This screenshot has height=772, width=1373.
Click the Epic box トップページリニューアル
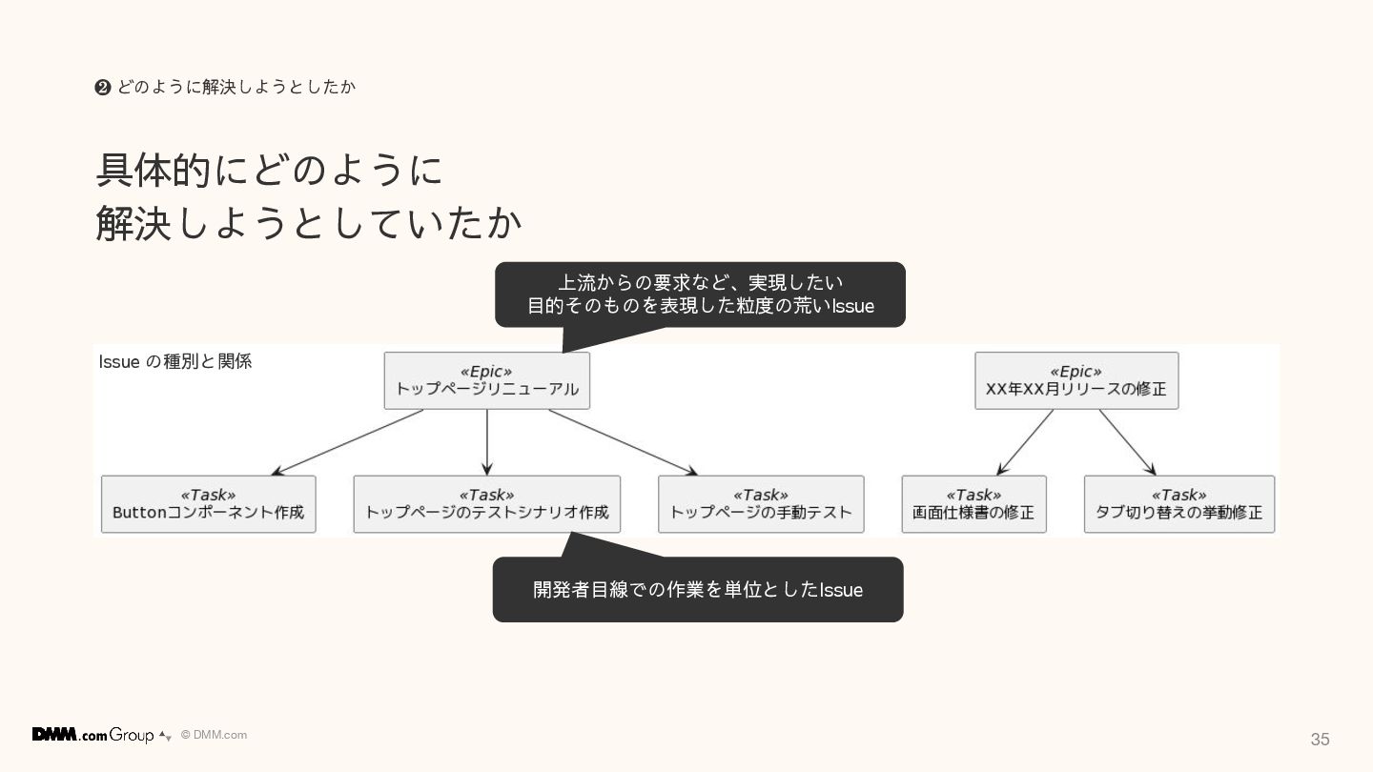click(x=486, y=380)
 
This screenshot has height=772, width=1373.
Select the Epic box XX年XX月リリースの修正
click(x=1076, y=380)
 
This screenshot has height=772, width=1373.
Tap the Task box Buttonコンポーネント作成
click(x=208, y=504)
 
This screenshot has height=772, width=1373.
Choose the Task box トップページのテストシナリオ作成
click(x=486, y=504)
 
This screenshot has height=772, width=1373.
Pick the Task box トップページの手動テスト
click(x=761, y=504)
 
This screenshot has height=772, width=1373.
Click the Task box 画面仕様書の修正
click(x=973, y=504)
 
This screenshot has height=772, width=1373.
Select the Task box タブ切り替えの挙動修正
click(x=1178, y=504)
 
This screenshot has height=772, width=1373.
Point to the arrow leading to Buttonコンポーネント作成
click(x=347, y=442)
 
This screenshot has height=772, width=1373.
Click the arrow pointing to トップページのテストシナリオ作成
click(x=487, y=442)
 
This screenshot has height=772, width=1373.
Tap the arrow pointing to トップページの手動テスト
click(x=623, y=442)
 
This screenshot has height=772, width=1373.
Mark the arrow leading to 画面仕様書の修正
click(x=1025, y=442)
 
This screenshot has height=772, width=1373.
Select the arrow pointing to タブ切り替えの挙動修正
click(x=1127, y=442)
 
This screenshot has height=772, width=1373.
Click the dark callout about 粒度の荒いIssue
click(x=700, y=295)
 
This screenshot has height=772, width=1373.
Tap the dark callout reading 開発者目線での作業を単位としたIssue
click(x=698, y=590)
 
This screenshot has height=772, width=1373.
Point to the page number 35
click(x=1320, y=740)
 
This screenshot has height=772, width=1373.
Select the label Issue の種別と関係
click(x=175, y=362)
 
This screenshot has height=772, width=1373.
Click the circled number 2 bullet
click(x=103, y=88)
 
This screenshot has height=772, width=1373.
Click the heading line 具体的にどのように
click(x=270, y=171)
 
